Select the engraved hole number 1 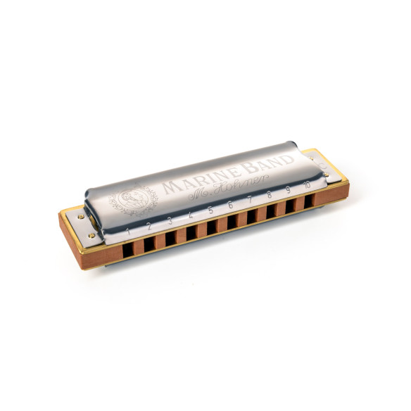127,232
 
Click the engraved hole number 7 250,203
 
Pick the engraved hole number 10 307,186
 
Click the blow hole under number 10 308,201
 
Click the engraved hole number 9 288,192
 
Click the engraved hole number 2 148,227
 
